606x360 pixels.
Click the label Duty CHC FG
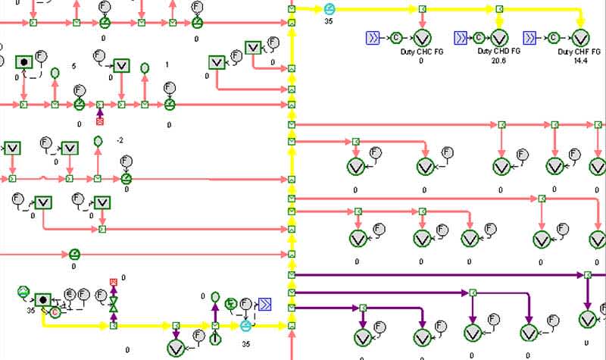click(421, 52)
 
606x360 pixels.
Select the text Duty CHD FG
click(499, 52)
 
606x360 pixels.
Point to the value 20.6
click(498, 60)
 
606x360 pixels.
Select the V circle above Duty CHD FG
click(499, 36)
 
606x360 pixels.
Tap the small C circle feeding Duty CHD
click(479, 36)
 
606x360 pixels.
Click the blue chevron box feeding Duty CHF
click(531, 36)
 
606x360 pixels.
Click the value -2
click(120, 141)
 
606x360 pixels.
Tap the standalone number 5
click(73, 66)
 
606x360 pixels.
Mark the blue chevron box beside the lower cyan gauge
click(264, 305)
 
